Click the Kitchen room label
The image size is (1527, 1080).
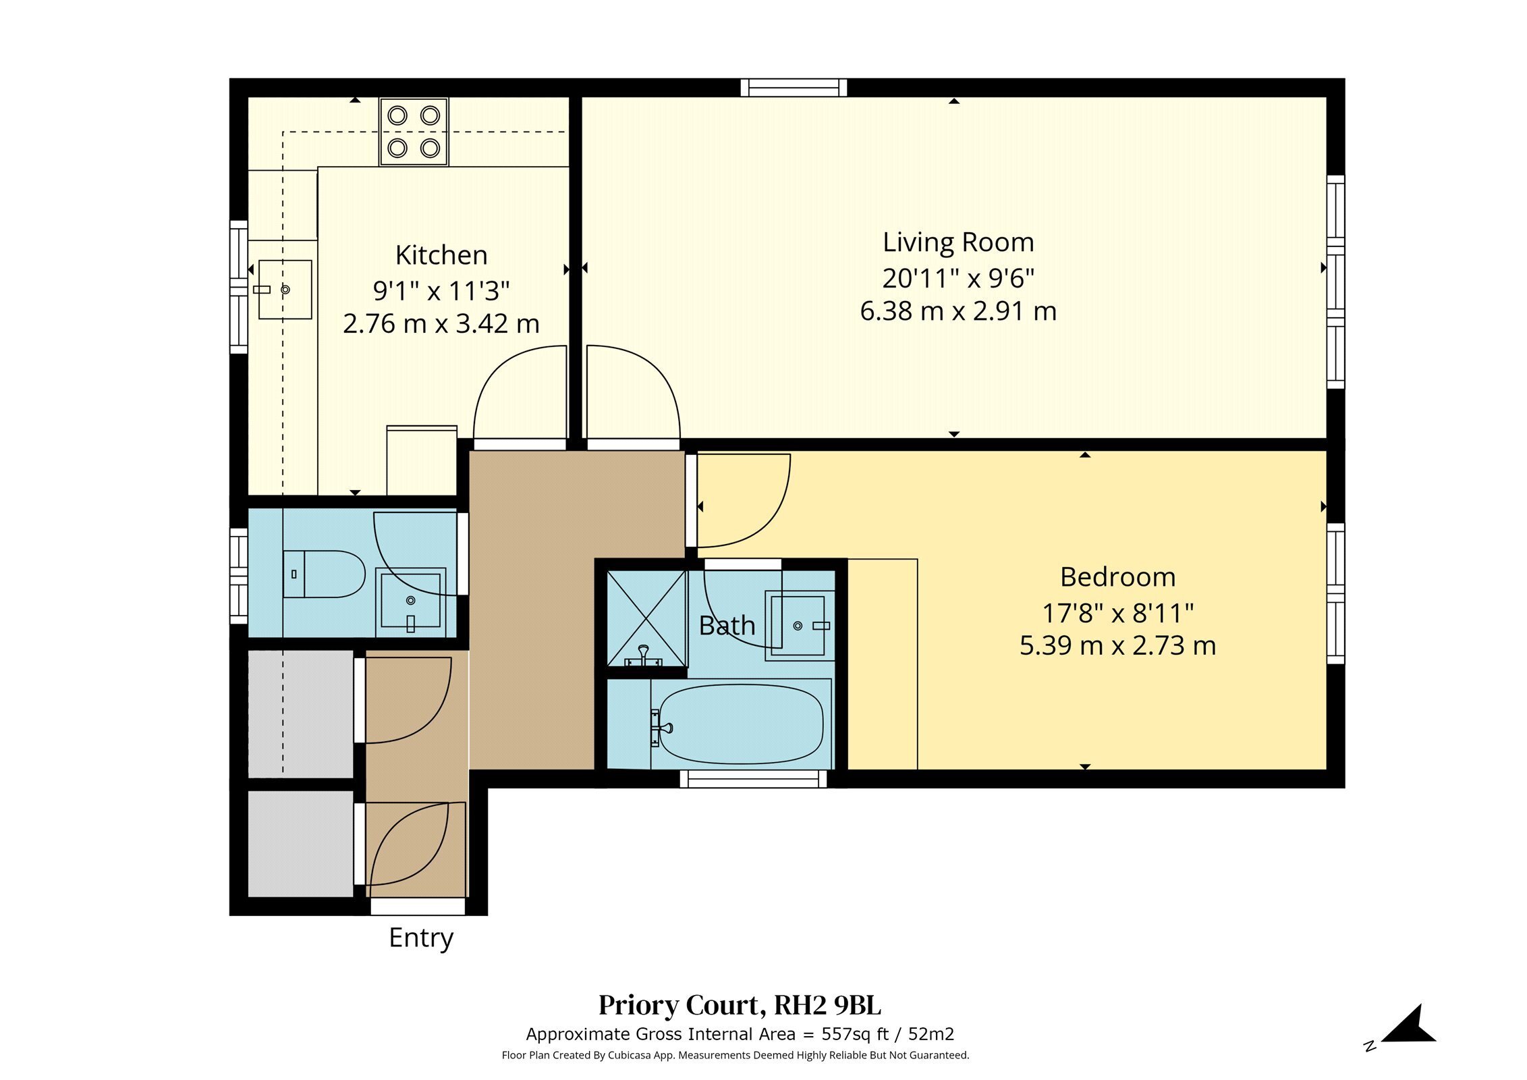click(441, 256)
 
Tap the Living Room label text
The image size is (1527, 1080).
click(958, 243)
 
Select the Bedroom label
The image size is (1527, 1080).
click(1117, 577)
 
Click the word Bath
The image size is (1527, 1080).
click(727, 626)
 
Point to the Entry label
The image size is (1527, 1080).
click(421, 938)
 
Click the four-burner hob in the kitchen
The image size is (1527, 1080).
click(414, 132)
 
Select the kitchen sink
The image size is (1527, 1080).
click(285, 290)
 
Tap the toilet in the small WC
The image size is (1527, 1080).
click(324, 574)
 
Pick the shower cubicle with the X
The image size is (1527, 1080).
click(646, 618)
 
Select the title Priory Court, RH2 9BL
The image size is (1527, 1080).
click(740, 1005)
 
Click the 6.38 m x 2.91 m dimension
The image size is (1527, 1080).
click(958, 312)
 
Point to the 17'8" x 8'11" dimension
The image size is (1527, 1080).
click(1117, 614)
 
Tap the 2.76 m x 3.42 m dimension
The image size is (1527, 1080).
click(441, 324)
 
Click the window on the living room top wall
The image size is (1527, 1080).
click(794, 88)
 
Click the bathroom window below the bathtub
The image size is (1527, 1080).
click(753, 779)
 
